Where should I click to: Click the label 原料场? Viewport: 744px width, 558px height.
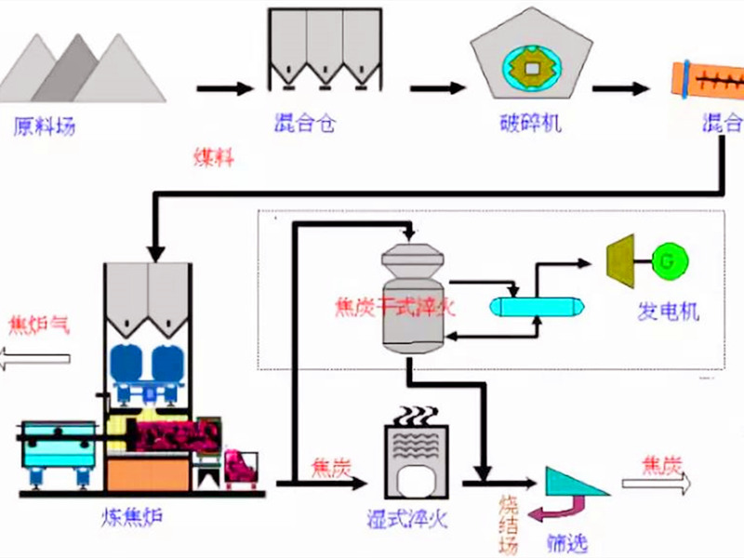click(45, 125)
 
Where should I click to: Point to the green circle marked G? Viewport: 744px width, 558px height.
click(666, 261)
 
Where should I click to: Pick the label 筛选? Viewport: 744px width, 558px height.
click(568, 542)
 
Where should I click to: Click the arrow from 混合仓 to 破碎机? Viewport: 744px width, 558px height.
click(438, 88)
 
